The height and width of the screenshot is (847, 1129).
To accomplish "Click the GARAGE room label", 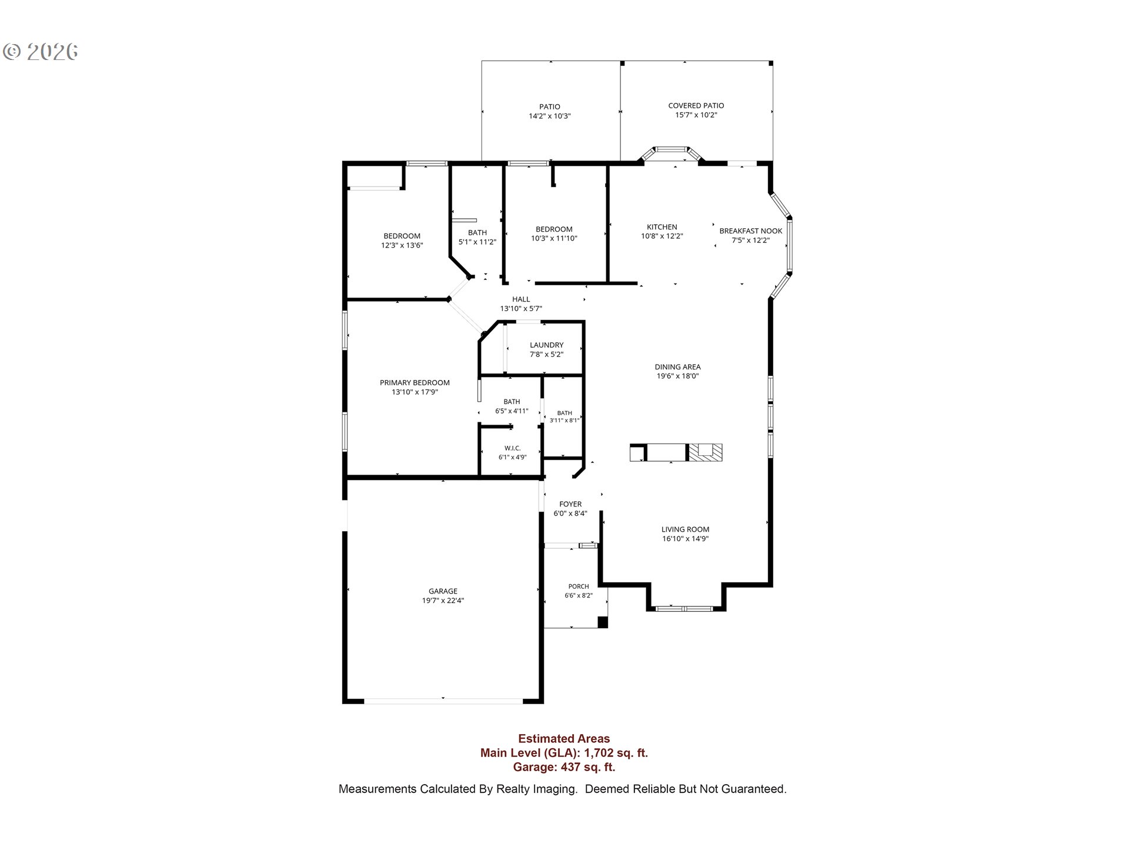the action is pos(443,591).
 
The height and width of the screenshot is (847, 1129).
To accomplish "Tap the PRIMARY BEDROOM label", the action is pos(415,382).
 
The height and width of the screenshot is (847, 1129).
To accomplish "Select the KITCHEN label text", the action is pos(662,227).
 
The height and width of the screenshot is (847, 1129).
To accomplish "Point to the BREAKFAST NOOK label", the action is pos(751,231).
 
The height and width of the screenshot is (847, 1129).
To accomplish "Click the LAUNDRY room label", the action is pos(547,345).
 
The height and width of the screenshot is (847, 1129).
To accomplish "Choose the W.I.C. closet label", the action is pos(513,448).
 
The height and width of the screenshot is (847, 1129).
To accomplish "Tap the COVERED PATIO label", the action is pos(696,106).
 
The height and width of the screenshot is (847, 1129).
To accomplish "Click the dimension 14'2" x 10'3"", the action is pos(550,116).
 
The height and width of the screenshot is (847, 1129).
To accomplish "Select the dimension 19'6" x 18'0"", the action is pos(678,376).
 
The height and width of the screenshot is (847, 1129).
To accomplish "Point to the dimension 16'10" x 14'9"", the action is pos(686,539).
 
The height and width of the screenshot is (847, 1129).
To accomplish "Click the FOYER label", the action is pos(570,504).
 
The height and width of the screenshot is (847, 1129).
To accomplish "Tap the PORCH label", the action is pos(579,586).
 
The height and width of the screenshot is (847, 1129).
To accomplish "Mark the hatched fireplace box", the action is pos(705,452).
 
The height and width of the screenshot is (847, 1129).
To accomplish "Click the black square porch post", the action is pos(603,622).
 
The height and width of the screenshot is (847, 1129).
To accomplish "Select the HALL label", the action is pos(521,299).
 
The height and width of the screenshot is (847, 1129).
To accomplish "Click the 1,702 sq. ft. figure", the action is pos(616,753).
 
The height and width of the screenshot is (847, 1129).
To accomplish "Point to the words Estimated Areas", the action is pos(564,739).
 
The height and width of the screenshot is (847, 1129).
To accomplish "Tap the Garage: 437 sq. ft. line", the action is pos(564,767).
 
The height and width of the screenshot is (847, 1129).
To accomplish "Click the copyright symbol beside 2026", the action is pos(12,52).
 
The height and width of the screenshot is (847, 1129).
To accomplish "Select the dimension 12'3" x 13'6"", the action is pos(402,246).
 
